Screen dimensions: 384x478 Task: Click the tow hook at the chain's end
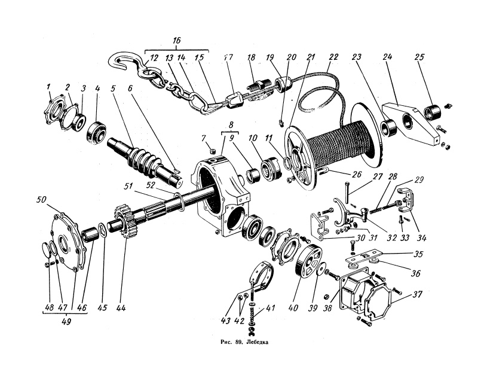click(x=124, y=60)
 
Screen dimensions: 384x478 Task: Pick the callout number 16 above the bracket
click(x=177, y=41)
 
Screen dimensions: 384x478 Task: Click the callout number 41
click(x=271, y=310)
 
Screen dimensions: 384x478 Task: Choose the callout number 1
click(x=49, y=88)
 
